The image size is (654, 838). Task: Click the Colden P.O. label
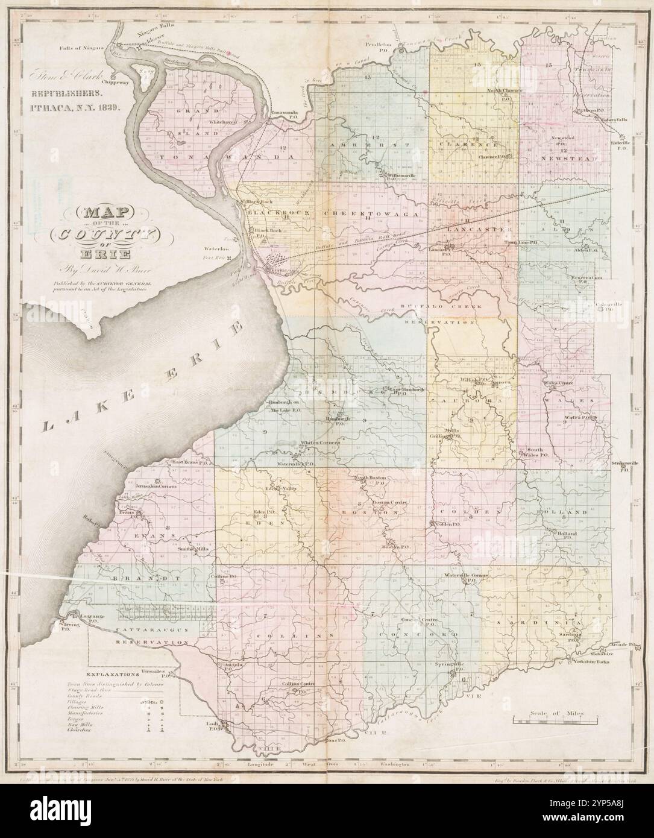[x=445, y=524]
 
